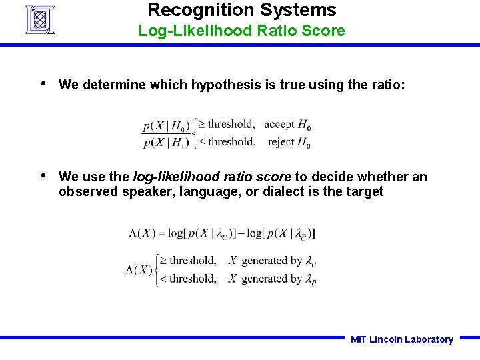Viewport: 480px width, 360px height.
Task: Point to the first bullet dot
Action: pyautogui.click(x=43, y=84)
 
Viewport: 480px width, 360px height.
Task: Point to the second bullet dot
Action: pyautogui.click(x=43, y=176)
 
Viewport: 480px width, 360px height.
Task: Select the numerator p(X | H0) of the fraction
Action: pyautogui.click(x=166, y=125)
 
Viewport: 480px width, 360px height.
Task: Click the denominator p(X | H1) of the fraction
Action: pyautogui.click(x=166, y=141)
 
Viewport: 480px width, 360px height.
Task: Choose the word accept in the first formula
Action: pyautogui.click(x=279, y=124)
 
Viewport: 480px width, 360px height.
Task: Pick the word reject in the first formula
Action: pyautogui.click(x=281, y=141)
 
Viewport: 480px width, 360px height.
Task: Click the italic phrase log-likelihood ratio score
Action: pyautogui.click(x=212, y=177)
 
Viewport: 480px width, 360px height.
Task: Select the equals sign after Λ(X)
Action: pyautogui.click(x=161, y=233)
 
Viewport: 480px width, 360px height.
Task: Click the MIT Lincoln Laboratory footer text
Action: pyautogui.click(x=401, y=339)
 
